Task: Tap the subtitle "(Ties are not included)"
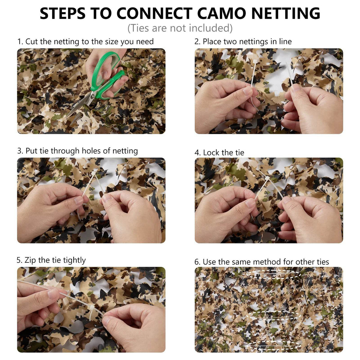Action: point(180,28)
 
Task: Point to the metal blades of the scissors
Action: point(80,105)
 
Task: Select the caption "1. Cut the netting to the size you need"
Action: point(85,42)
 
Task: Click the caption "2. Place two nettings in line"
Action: point(243,42)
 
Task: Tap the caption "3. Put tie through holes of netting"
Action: point(78,151)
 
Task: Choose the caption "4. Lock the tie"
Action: point(219,153)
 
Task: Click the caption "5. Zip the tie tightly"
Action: point(51,260)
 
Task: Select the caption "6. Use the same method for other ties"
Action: point(261,262)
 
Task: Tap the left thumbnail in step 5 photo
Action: point(53,294)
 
